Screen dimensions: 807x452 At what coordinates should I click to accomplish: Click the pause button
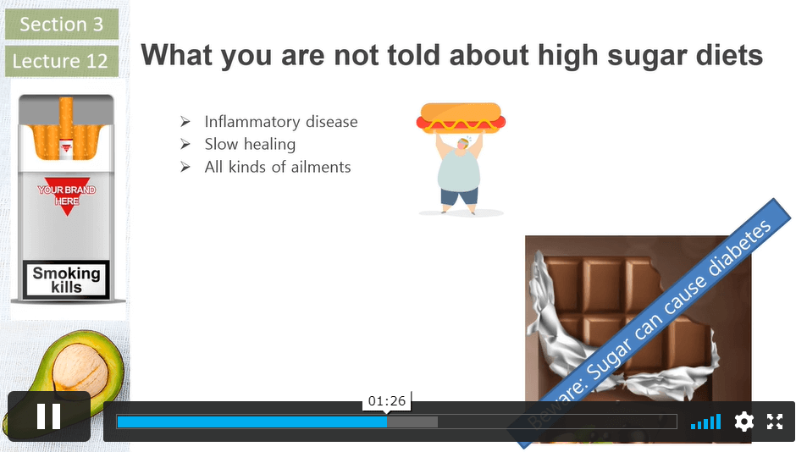click(x=49, y=416)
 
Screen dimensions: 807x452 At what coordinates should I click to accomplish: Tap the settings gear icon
click(x=743, y=422)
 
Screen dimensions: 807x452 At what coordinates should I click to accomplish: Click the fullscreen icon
click(x=775, y=422)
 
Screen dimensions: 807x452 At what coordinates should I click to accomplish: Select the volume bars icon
click(x=705, y=422)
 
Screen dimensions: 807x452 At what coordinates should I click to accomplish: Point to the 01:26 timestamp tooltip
click(x=386, y=400)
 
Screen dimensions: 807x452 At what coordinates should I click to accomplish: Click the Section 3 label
click(x=62, y=25)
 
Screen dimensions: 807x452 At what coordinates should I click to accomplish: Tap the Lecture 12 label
click(x=62, y=61)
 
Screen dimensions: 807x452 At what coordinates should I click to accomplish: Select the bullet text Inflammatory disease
click(x=281, y=122)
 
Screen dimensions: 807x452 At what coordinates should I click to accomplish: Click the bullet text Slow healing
click(x=250, y=145)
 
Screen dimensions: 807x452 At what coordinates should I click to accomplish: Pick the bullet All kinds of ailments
click(x=278, y=167)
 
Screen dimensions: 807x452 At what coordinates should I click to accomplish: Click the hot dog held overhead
click(x=461, y=119)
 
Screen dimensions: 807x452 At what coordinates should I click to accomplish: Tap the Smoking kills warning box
click(x=66, y=279)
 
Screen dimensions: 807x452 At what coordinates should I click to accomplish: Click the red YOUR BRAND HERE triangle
click(x=66, y=195)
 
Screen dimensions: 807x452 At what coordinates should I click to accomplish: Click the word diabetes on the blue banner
click(x=739, y=250)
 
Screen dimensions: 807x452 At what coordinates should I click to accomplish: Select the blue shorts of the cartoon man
click(x=460, y=196)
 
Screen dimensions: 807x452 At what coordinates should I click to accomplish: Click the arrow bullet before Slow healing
click(x=185, y=145)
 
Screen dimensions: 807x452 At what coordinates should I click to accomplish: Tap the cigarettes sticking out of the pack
click(x=66, y=128)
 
